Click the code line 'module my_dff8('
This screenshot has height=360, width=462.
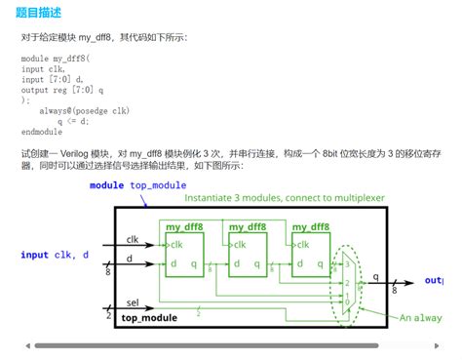point(56,59)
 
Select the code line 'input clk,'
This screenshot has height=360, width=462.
point(44,68)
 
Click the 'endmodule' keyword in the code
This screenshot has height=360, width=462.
point(42,132)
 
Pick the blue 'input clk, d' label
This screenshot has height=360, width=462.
point(55,255)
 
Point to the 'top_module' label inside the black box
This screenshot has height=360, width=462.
point(149,318)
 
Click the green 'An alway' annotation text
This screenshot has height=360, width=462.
point(420,318)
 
